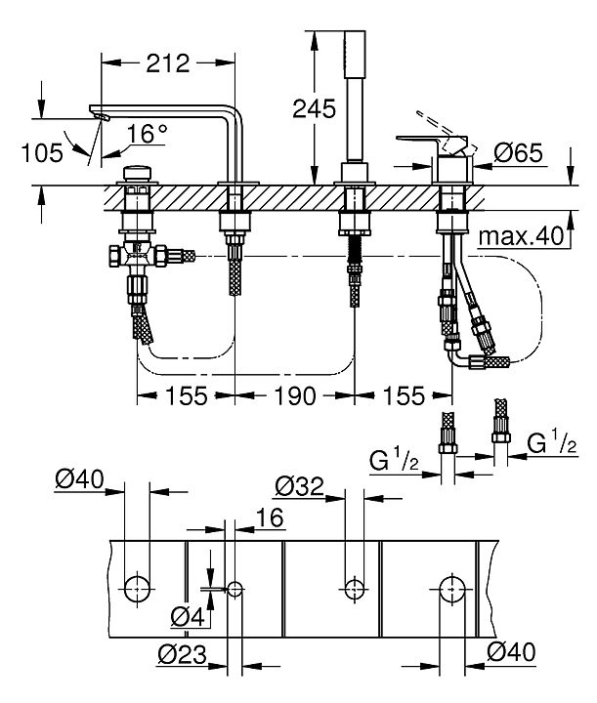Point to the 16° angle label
coord(148,133)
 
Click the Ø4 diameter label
coord(187,616)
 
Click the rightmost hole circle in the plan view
coord(450,588)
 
